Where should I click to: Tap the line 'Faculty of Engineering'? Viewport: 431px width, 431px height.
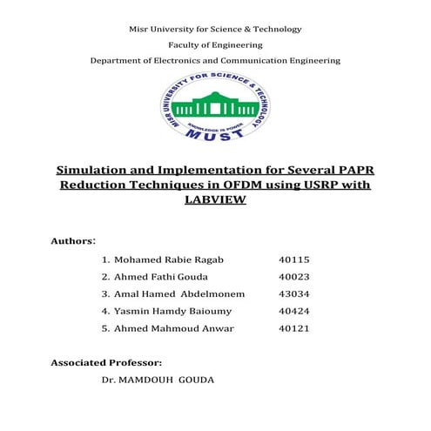215,44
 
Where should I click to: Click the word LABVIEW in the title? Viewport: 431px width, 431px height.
215,199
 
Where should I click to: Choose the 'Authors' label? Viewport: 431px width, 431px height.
72,239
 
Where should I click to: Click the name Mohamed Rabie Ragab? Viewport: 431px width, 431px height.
161,260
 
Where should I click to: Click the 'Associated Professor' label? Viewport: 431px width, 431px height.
106,361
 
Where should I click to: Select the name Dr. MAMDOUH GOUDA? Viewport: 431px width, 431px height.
158,380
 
